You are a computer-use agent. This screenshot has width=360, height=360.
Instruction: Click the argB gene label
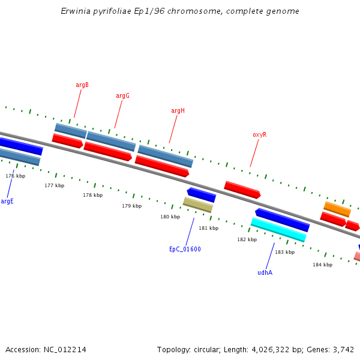pos(82,85)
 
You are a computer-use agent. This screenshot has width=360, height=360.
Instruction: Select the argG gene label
pos(122,96)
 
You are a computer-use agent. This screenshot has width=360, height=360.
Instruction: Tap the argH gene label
pos(178,111)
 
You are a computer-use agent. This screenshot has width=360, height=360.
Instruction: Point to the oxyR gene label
pos(259,135)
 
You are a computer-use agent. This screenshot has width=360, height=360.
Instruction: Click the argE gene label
pos(7,202)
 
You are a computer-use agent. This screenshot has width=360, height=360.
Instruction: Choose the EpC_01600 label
pos(185,250)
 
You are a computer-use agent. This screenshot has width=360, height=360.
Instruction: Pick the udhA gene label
pos(265,273)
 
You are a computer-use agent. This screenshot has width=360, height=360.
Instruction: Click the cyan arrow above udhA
pos(278,230)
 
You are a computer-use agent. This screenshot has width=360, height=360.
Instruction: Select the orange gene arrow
pos(337,209)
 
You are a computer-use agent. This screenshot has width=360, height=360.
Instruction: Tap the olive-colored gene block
pos(198,205)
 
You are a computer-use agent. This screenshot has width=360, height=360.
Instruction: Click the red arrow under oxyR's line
pos(242,190)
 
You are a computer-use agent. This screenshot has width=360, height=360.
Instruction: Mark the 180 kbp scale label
pos(170,217)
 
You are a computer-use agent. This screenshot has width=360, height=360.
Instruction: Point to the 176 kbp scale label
pos(16,176)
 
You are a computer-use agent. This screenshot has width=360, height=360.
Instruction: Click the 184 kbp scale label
pos(322,265)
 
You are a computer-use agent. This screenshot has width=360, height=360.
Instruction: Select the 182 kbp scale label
pos(247,240)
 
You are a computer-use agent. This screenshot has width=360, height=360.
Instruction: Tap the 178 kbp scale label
pos(92,196)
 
